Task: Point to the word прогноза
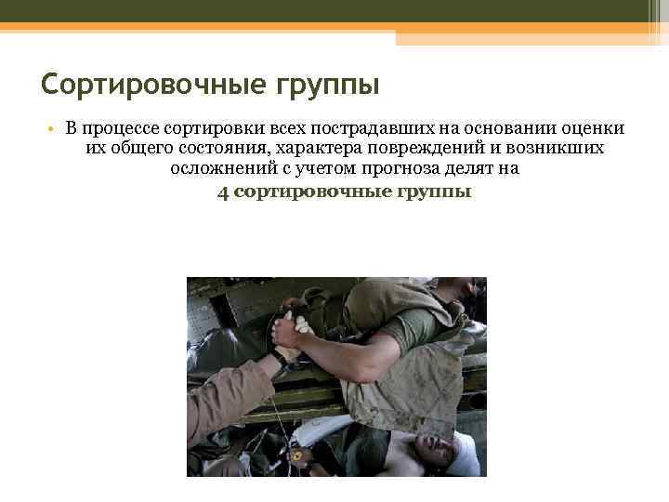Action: (x=404, y=169)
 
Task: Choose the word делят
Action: (x=474, y=169)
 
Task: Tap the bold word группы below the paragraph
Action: (x=435, y=192)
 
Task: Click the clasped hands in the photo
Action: (x=287, y=328)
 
